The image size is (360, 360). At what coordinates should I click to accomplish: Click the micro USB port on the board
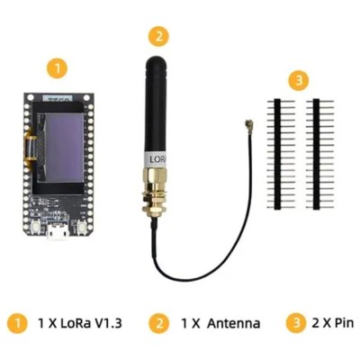coord(58,231)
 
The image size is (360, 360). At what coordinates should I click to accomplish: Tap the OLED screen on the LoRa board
coord(58,148)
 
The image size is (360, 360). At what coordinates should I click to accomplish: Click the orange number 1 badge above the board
coord(58,68)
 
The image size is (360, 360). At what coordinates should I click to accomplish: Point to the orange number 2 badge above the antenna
coord(158,36)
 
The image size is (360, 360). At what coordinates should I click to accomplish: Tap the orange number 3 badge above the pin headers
coord(299,81)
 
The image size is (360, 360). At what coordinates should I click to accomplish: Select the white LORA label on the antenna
coord(156,159)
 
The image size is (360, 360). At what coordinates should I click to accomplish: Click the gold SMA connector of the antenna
coord(155,190)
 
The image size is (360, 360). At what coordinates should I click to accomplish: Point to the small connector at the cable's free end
coord(248,122)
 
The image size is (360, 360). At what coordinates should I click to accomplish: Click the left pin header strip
coord(278,154)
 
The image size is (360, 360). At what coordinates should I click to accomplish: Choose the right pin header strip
coord(317,154)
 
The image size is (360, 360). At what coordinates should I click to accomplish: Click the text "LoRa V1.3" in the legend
coord(92,323)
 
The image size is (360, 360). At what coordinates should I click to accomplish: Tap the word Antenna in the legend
coord(233,323)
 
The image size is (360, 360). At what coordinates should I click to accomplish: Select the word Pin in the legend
coord(340,323)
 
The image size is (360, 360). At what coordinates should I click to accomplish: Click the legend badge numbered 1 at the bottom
coord(17,323)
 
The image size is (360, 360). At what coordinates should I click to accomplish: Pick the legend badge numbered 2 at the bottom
coord(159,323)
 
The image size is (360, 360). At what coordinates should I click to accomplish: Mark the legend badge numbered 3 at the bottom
coord(296,323)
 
